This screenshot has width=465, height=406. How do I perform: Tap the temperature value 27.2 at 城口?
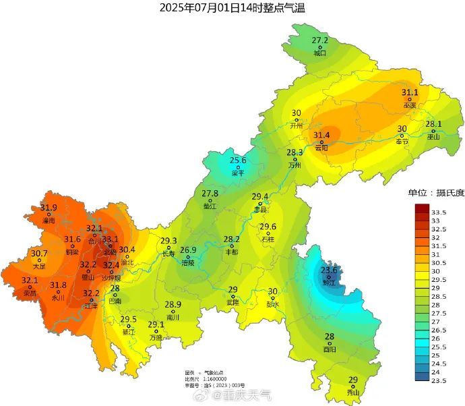[x=319, y=40]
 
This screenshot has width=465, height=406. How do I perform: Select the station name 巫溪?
[x=410, y=105]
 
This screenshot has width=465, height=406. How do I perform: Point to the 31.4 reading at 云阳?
[x=321, y=136]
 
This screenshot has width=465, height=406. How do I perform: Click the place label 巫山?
[x=433, y=136]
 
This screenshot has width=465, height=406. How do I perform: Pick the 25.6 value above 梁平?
[x=238, y=161]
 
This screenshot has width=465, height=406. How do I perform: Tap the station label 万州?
[x=294, y=165]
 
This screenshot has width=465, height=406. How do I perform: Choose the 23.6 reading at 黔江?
[x=329, y=270]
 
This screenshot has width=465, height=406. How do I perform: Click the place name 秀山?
[x=353, y=392]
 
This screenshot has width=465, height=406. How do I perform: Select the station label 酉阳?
[x=330, y=350]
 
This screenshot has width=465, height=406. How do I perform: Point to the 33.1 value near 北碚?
[x=110, y=239]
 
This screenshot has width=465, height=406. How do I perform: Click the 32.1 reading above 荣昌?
[x=30, y=281]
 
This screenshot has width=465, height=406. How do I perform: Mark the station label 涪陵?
[x=188, y=263]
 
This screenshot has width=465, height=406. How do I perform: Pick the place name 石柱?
[x=268, y=239]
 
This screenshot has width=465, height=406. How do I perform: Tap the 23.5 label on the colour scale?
[x=439, y=381]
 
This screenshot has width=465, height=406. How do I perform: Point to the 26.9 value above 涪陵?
[x=188, y=250]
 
